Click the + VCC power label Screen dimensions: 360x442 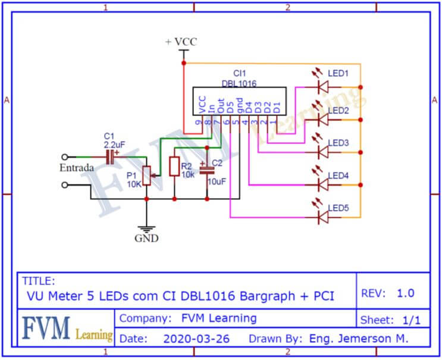[181, 42]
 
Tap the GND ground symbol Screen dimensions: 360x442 [146, 229]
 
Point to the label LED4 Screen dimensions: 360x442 [338, 176]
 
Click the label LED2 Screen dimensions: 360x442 [338, 111]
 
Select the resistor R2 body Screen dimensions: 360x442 [174, 167]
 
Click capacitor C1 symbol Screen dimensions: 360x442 [110, 157]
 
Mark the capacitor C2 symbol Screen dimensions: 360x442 [206, 169]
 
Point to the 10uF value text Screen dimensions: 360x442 [216, 181]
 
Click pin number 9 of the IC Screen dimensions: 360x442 [199, 123]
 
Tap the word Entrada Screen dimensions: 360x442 [76, 168]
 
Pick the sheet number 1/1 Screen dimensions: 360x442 [411, 320]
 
